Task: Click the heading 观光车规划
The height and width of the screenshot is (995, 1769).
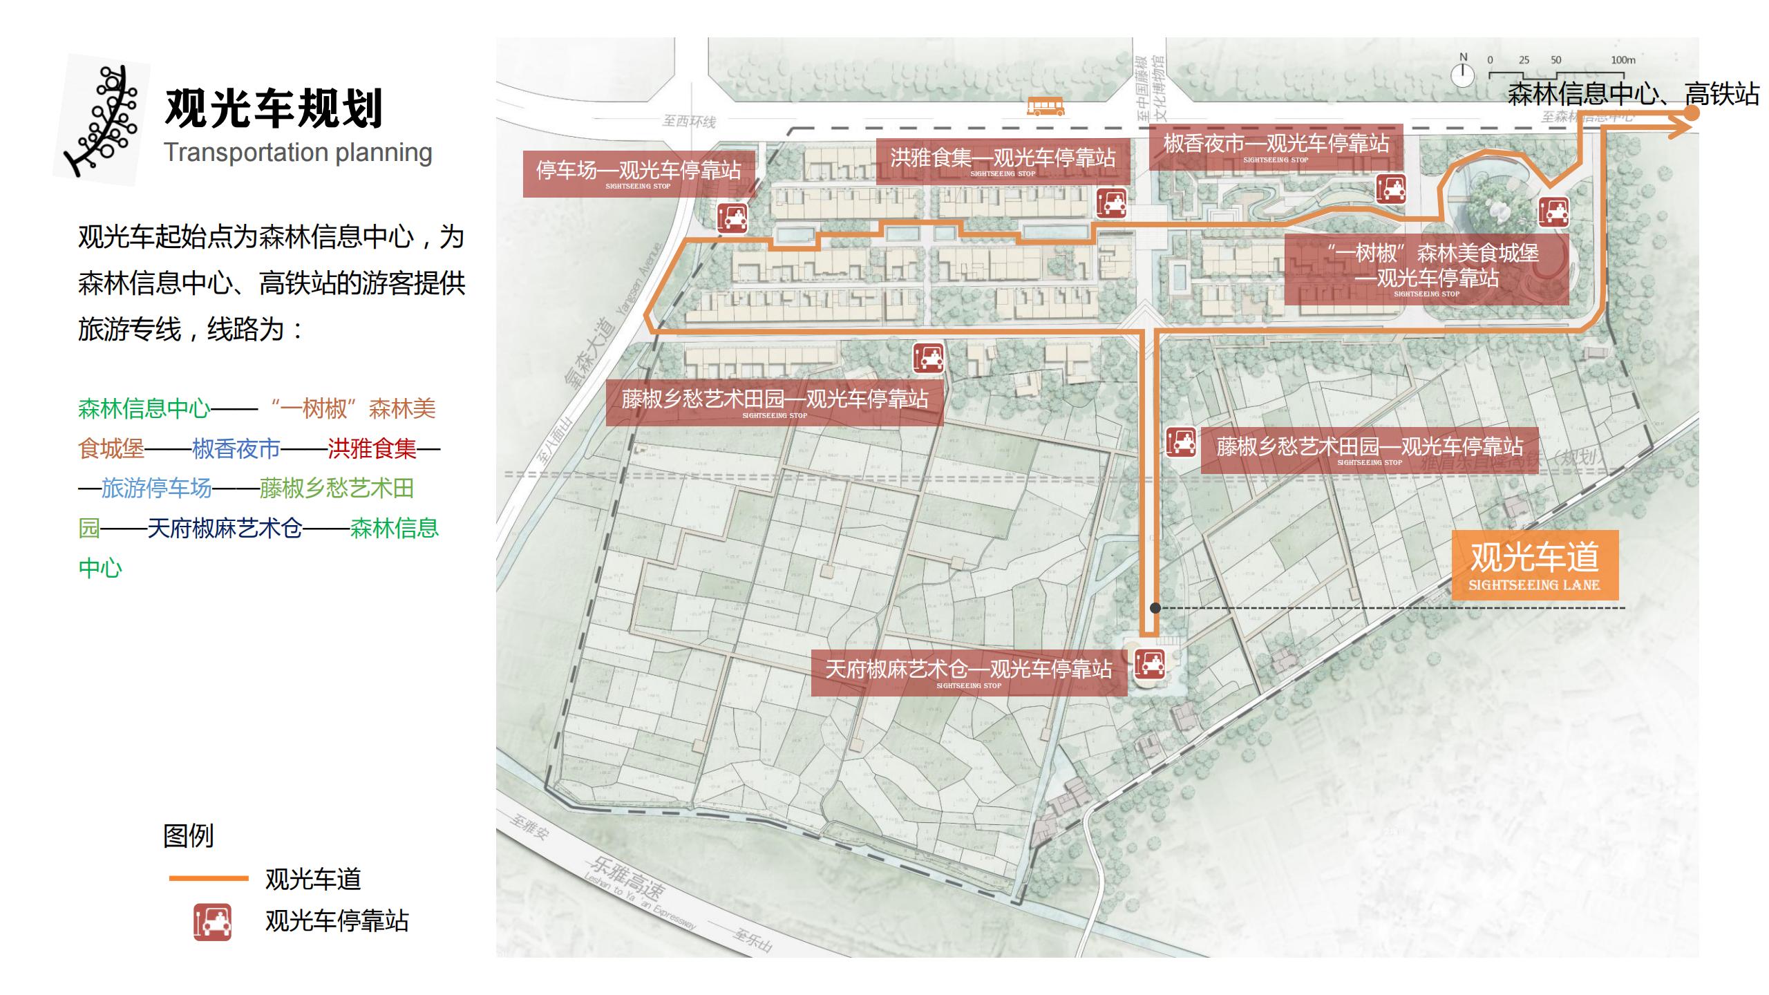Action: pyautogui.click(x=274, y=108)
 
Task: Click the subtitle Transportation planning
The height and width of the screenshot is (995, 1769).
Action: pyautogui.click(x=298, y=153)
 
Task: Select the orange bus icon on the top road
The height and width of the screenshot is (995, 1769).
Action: pyautogui.click(x=1045, y=106)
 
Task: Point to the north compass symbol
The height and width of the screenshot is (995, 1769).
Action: pyautogui.click(x=1462, y=73)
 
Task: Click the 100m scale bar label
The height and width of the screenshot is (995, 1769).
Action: pyautogui.click(x=1623, y=60)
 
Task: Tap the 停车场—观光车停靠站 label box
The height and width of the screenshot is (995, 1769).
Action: pyautogui.click(x=638, y=173)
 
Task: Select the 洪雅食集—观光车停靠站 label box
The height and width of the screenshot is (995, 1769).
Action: pyautogui.click(x=1002, y=161)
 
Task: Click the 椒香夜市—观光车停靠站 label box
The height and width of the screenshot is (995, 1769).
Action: pyautogui.click(x=1276, y=146)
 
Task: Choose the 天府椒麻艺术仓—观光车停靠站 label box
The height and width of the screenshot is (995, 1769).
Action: pyautogui.click(x=968, y=672)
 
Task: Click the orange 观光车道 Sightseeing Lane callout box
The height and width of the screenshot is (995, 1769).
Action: pyautogui.click(x=1534, y=565)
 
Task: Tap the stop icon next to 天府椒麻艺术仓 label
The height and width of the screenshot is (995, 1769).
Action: pyautogui.click(x=1150, y=664)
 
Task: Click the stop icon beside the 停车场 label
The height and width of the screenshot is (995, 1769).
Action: pyautogui.click(x=732, y=217)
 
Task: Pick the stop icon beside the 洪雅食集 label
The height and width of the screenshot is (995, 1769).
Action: pyautogui.click(x=1111, y=202)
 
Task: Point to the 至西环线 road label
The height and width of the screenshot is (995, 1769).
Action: pyautogui.click(x=689, y=122)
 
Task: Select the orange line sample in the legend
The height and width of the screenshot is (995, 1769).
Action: pyautogui.click(x=209, y=878)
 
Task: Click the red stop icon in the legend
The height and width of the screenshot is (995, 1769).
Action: pyautogui.click(x=212, y=922)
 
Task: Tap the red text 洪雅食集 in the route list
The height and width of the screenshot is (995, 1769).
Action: pyautogui.click(x=372, y=449)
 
